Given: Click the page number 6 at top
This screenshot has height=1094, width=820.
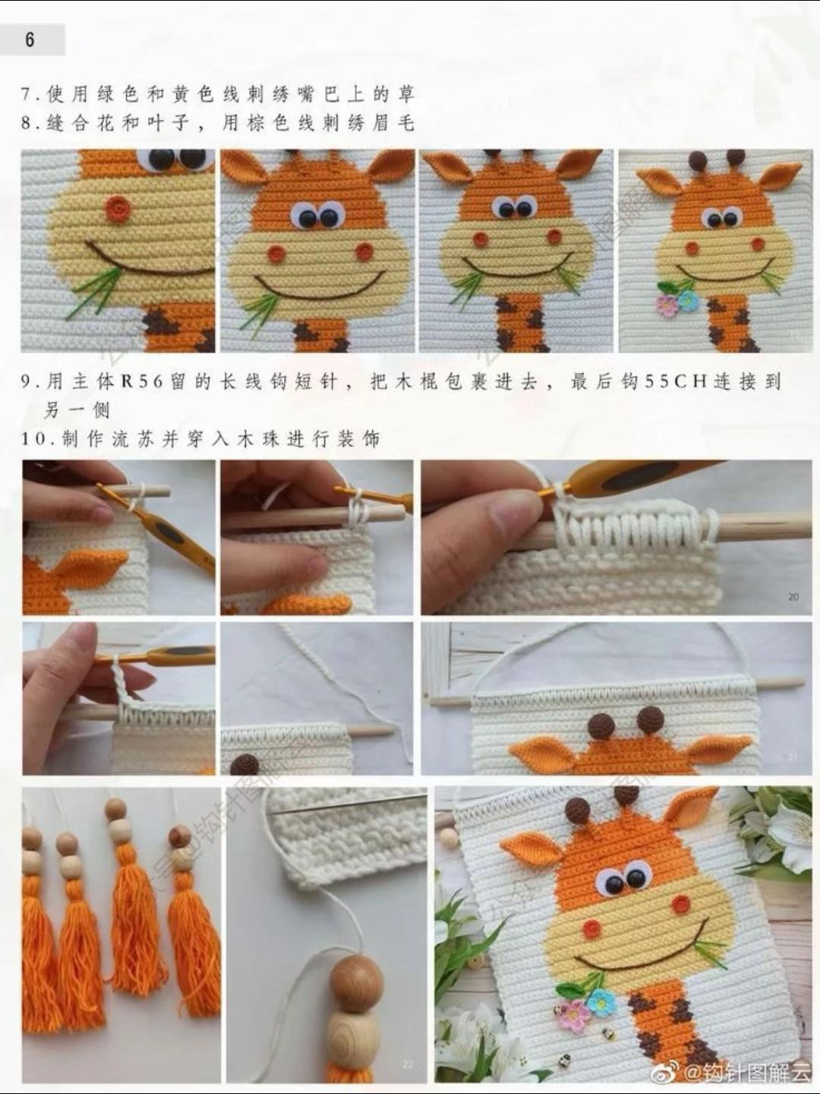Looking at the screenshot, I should coord(30,40).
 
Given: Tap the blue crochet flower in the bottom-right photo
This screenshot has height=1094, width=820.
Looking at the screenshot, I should coord(601,1003).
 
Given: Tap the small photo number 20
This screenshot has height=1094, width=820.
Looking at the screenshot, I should coord(793,597).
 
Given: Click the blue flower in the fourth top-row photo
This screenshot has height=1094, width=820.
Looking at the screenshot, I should coord(688,301).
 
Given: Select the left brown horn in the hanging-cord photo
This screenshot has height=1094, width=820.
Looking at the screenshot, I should coord(604,722).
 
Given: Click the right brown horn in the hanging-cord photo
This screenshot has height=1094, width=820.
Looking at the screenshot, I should coord(650,718).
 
